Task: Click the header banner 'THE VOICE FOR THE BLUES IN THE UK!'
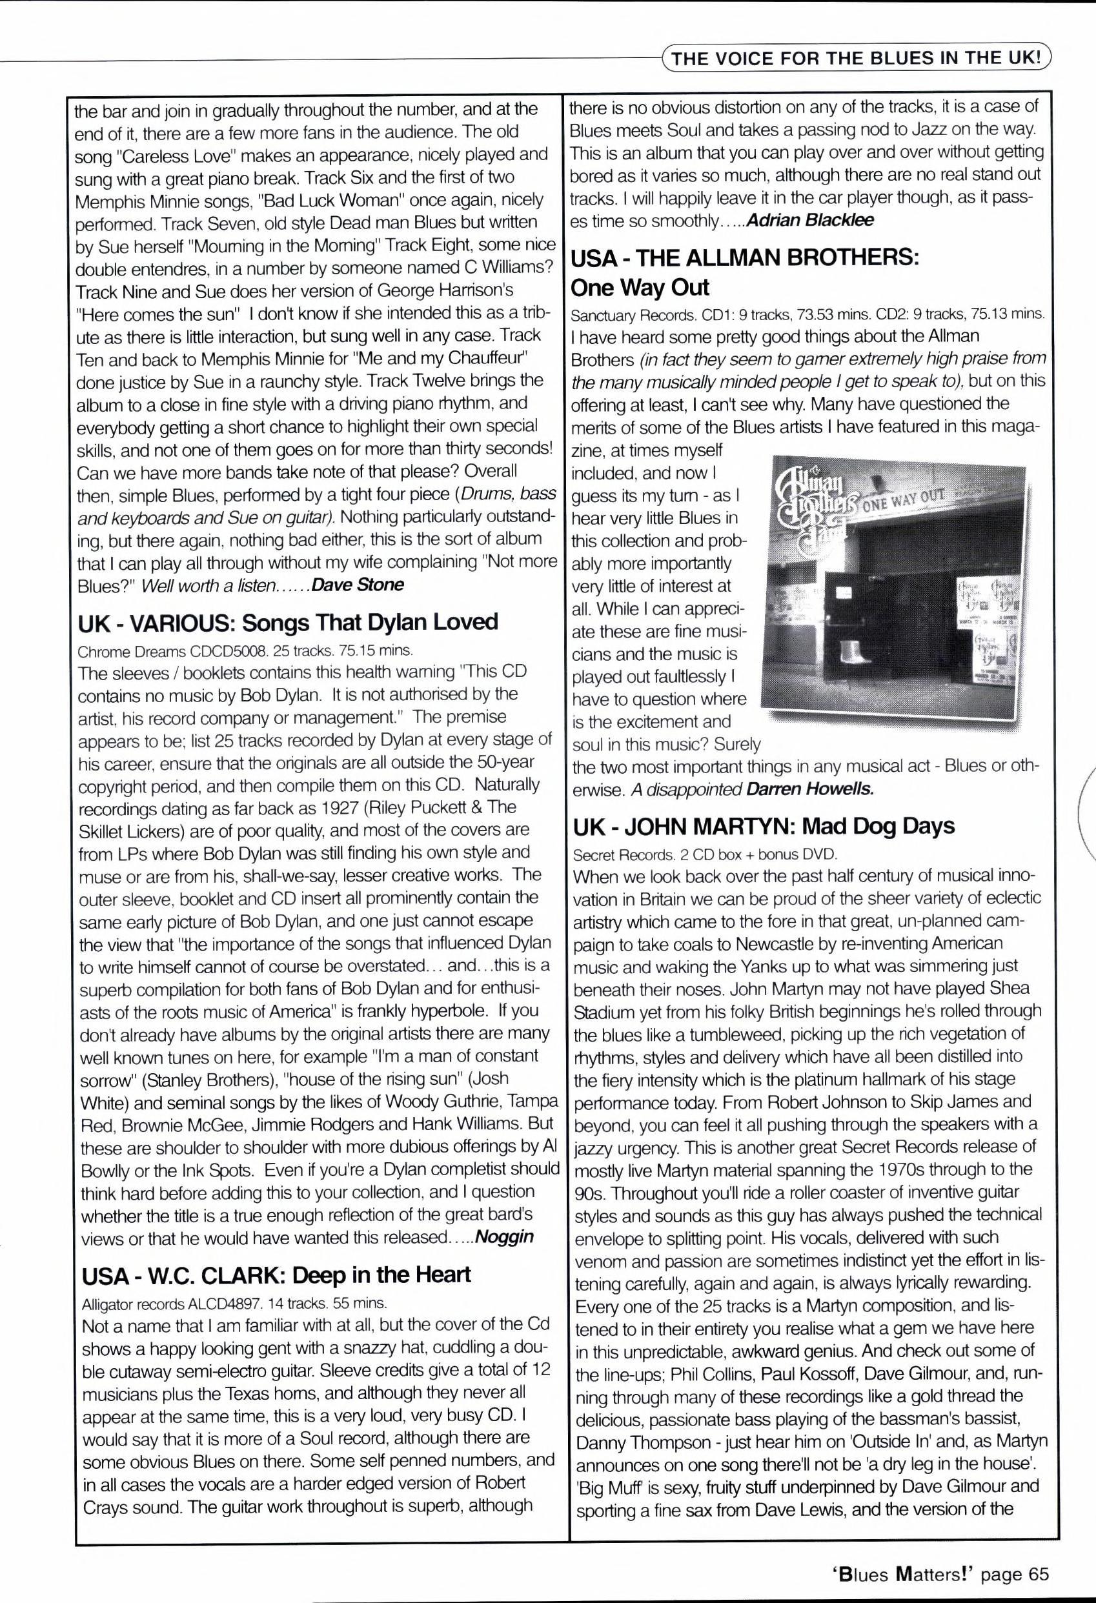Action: [856, 58]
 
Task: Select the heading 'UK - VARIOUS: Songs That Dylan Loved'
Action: [288, 621]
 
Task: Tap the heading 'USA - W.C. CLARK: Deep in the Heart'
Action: [276, 1274]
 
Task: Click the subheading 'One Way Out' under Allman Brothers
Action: [640, 287]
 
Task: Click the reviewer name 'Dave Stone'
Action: [358, 585]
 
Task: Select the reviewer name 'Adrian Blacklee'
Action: [810, 220]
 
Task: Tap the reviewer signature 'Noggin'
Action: [505, 1236]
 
